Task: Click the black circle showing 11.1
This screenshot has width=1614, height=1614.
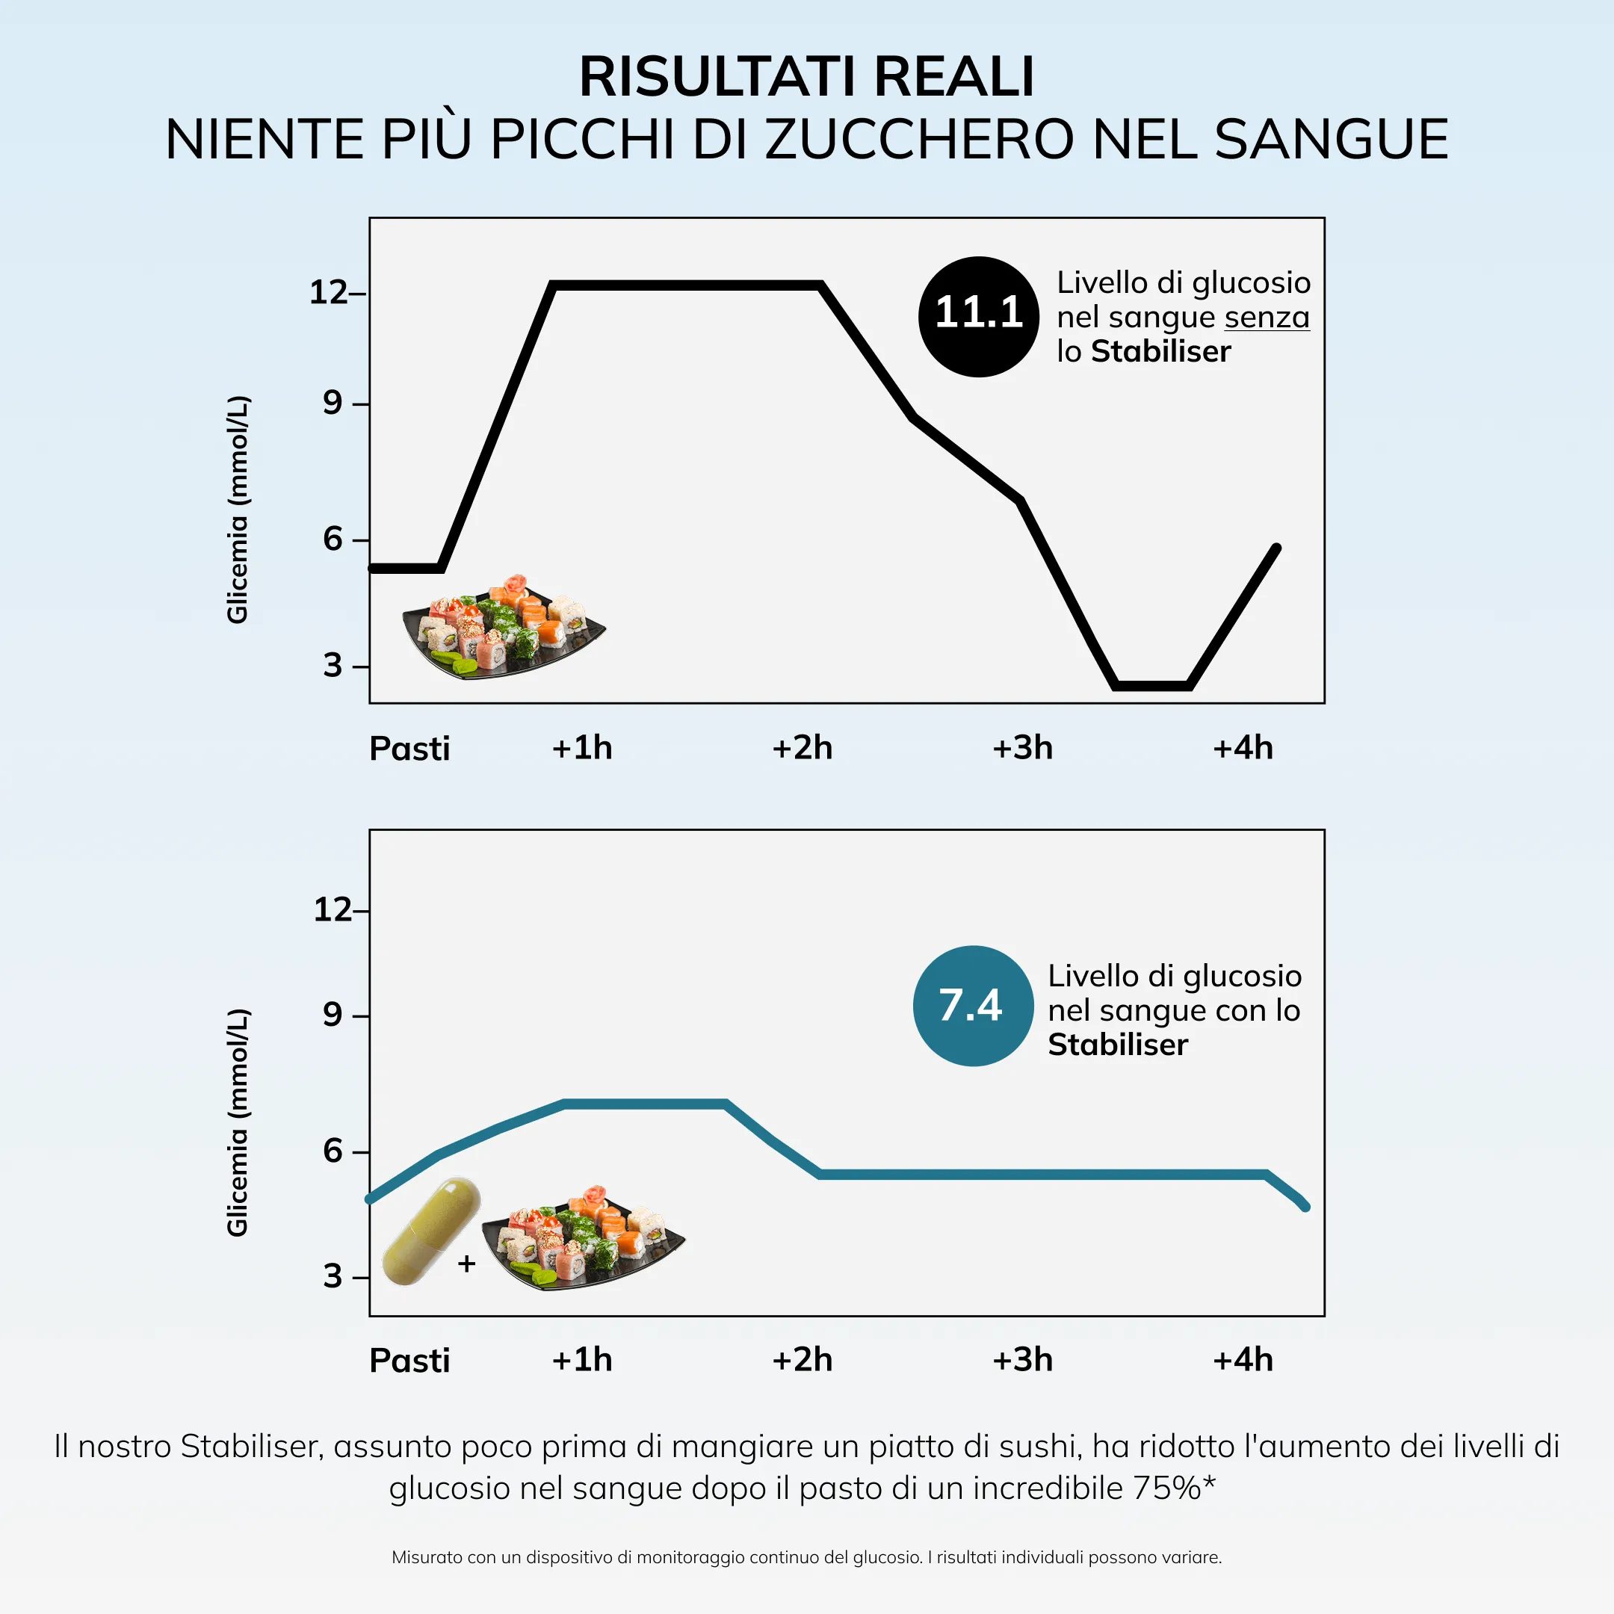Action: click(978, 316)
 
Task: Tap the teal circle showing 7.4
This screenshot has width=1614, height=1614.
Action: click(972, 1005)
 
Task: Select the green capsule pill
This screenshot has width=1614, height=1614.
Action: click(431, 1231)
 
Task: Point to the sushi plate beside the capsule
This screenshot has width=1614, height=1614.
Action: click(583, 1239)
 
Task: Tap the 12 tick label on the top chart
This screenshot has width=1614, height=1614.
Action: click(327, 292)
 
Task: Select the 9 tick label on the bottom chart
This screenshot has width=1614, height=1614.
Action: click(333, 1014)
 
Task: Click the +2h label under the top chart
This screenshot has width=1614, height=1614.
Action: click(802, 748)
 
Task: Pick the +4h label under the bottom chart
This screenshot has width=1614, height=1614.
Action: click(1242, 1360)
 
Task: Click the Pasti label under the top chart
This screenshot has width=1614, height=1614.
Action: click(409, 749)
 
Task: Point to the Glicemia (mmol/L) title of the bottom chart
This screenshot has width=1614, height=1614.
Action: click(238, 1122)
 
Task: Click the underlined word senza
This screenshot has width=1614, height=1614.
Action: click(1267, 318)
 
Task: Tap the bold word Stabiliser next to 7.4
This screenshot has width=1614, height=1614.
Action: click(1118, 1045)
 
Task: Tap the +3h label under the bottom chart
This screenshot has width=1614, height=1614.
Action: click(1021, 1360)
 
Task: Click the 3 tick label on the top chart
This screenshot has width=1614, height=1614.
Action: click(333, 666)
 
